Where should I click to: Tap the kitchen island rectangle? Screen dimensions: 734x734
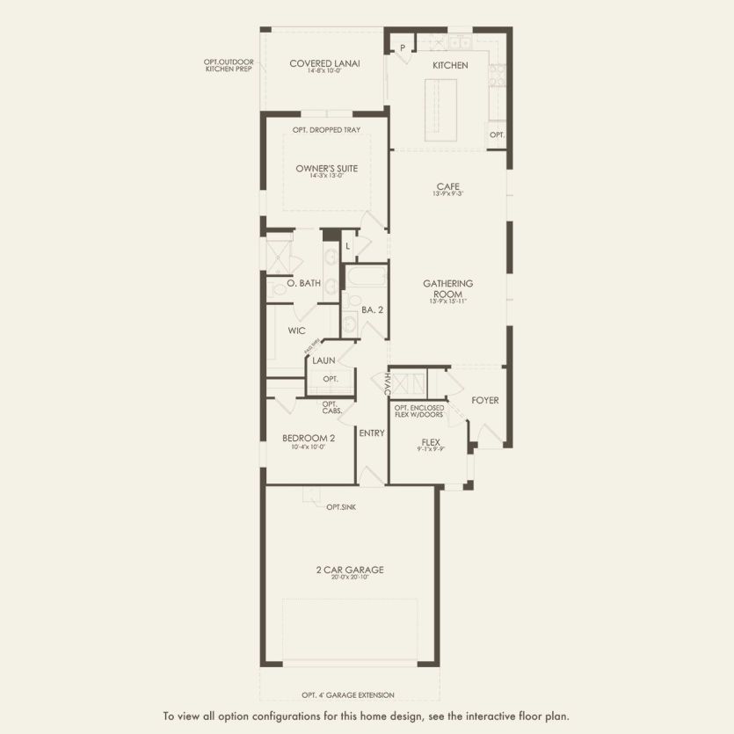(x=441, y=108)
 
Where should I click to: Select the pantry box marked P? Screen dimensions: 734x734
(x=403, y=47)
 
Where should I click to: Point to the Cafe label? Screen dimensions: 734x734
(x=448, y=186)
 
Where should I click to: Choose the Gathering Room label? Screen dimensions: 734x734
(x=448, y=283)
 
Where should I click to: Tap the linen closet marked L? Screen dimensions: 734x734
(x=348, y=247)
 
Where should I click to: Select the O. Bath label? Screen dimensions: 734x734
(x=304, y=283)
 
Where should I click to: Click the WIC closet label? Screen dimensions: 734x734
(x=296, y=331)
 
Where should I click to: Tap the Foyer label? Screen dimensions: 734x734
(x=485, y=400)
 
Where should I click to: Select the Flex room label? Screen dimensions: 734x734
(x=431, y=442)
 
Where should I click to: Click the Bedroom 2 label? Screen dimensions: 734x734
(x=309, y=438)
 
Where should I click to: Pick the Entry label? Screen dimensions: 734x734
(x=372, y=432)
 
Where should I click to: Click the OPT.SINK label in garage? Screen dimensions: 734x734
(x=341, y=507)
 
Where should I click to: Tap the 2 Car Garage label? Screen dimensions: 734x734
(x=350, y=570)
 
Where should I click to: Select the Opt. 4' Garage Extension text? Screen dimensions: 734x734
(x=348, y=694)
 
